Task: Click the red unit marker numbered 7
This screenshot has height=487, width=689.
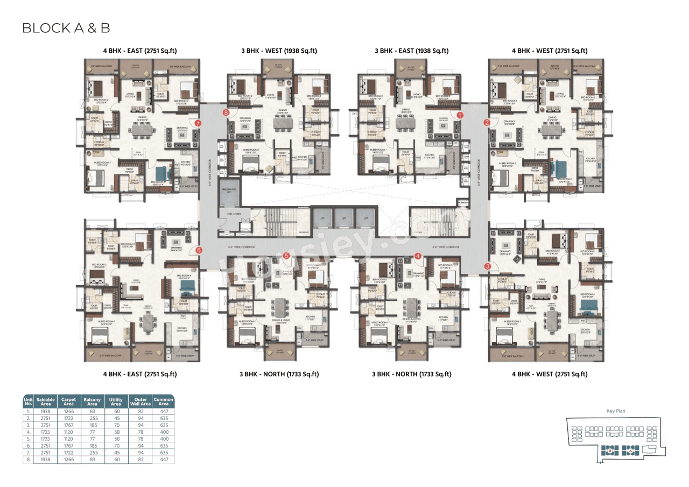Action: point(198,123)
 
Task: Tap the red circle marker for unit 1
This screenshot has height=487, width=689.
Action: point(460,115)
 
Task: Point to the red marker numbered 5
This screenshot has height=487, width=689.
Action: point(286,256)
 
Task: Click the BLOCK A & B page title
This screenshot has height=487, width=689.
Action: point(66,29)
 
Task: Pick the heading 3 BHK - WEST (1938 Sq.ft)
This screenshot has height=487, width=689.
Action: point(279,51)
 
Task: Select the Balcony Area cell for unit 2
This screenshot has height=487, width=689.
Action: point(92,418)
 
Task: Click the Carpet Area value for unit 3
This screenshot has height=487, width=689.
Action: point(68,425)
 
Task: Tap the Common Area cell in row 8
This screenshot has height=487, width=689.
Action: point(164,460)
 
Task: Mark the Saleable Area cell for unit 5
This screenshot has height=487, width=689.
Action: point(46,439)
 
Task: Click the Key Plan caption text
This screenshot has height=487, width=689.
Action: point(615,411)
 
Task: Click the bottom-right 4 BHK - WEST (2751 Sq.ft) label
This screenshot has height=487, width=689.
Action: point(549,374)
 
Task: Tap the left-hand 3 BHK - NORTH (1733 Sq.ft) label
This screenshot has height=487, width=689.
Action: point(279,374)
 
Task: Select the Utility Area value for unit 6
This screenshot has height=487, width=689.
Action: point(116,446)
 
